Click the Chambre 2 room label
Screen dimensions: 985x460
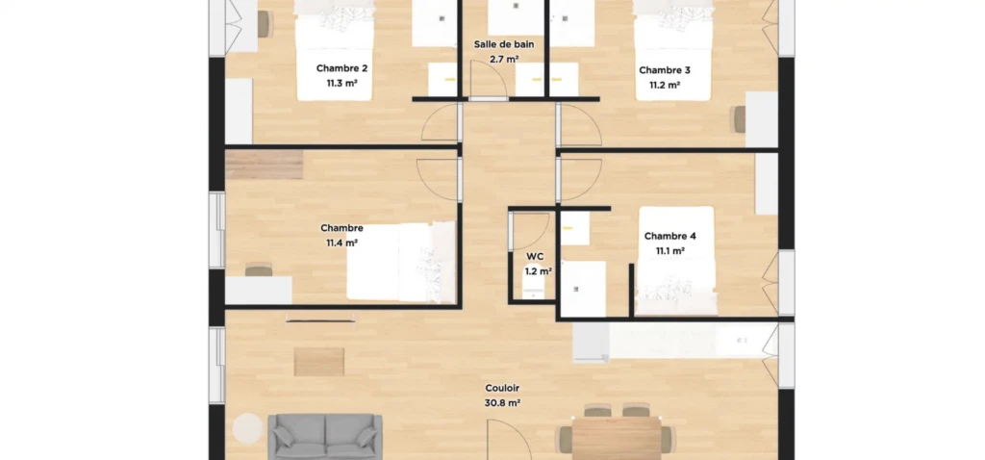(x=341, y=68)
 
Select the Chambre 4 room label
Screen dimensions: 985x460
(x=670, y=237)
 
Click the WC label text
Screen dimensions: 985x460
(x=535, y=256)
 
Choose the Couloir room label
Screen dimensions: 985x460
(x=502, y=389)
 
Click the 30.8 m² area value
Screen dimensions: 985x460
(x=502, y=403)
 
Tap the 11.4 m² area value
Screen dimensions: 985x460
(x=341, y=243)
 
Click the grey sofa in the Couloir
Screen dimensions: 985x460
(x=325, y=436)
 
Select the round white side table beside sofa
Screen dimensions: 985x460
(x=247, y=427)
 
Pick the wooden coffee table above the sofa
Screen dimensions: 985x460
(x=319, y=362)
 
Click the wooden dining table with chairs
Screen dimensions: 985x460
(x=617, y=437)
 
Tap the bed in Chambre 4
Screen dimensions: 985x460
(x=676, y=261)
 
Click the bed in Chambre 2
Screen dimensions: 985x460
(x=334, y=50)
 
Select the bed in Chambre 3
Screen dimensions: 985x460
(x=674, y=50)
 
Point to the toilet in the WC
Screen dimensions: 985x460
(x=534, y=293)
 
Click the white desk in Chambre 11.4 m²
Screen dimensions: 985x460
(x=258, y=291)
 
